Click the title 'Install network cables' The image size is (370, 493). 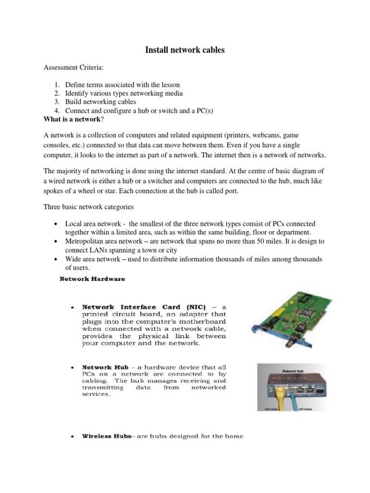[x=185, y=50]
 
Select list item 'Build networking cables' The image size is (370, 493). [x=101, y=102]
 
